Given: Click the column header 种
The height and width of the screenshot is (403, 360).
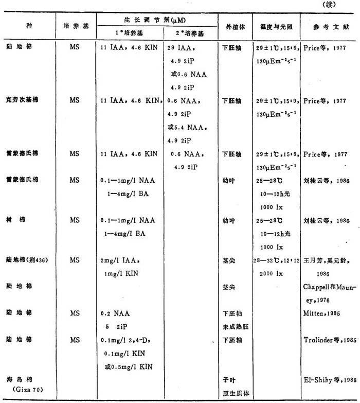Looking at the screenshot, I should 29,26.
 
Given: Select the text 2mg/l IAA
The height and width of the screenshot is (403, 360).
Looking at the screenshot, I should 121,261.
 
